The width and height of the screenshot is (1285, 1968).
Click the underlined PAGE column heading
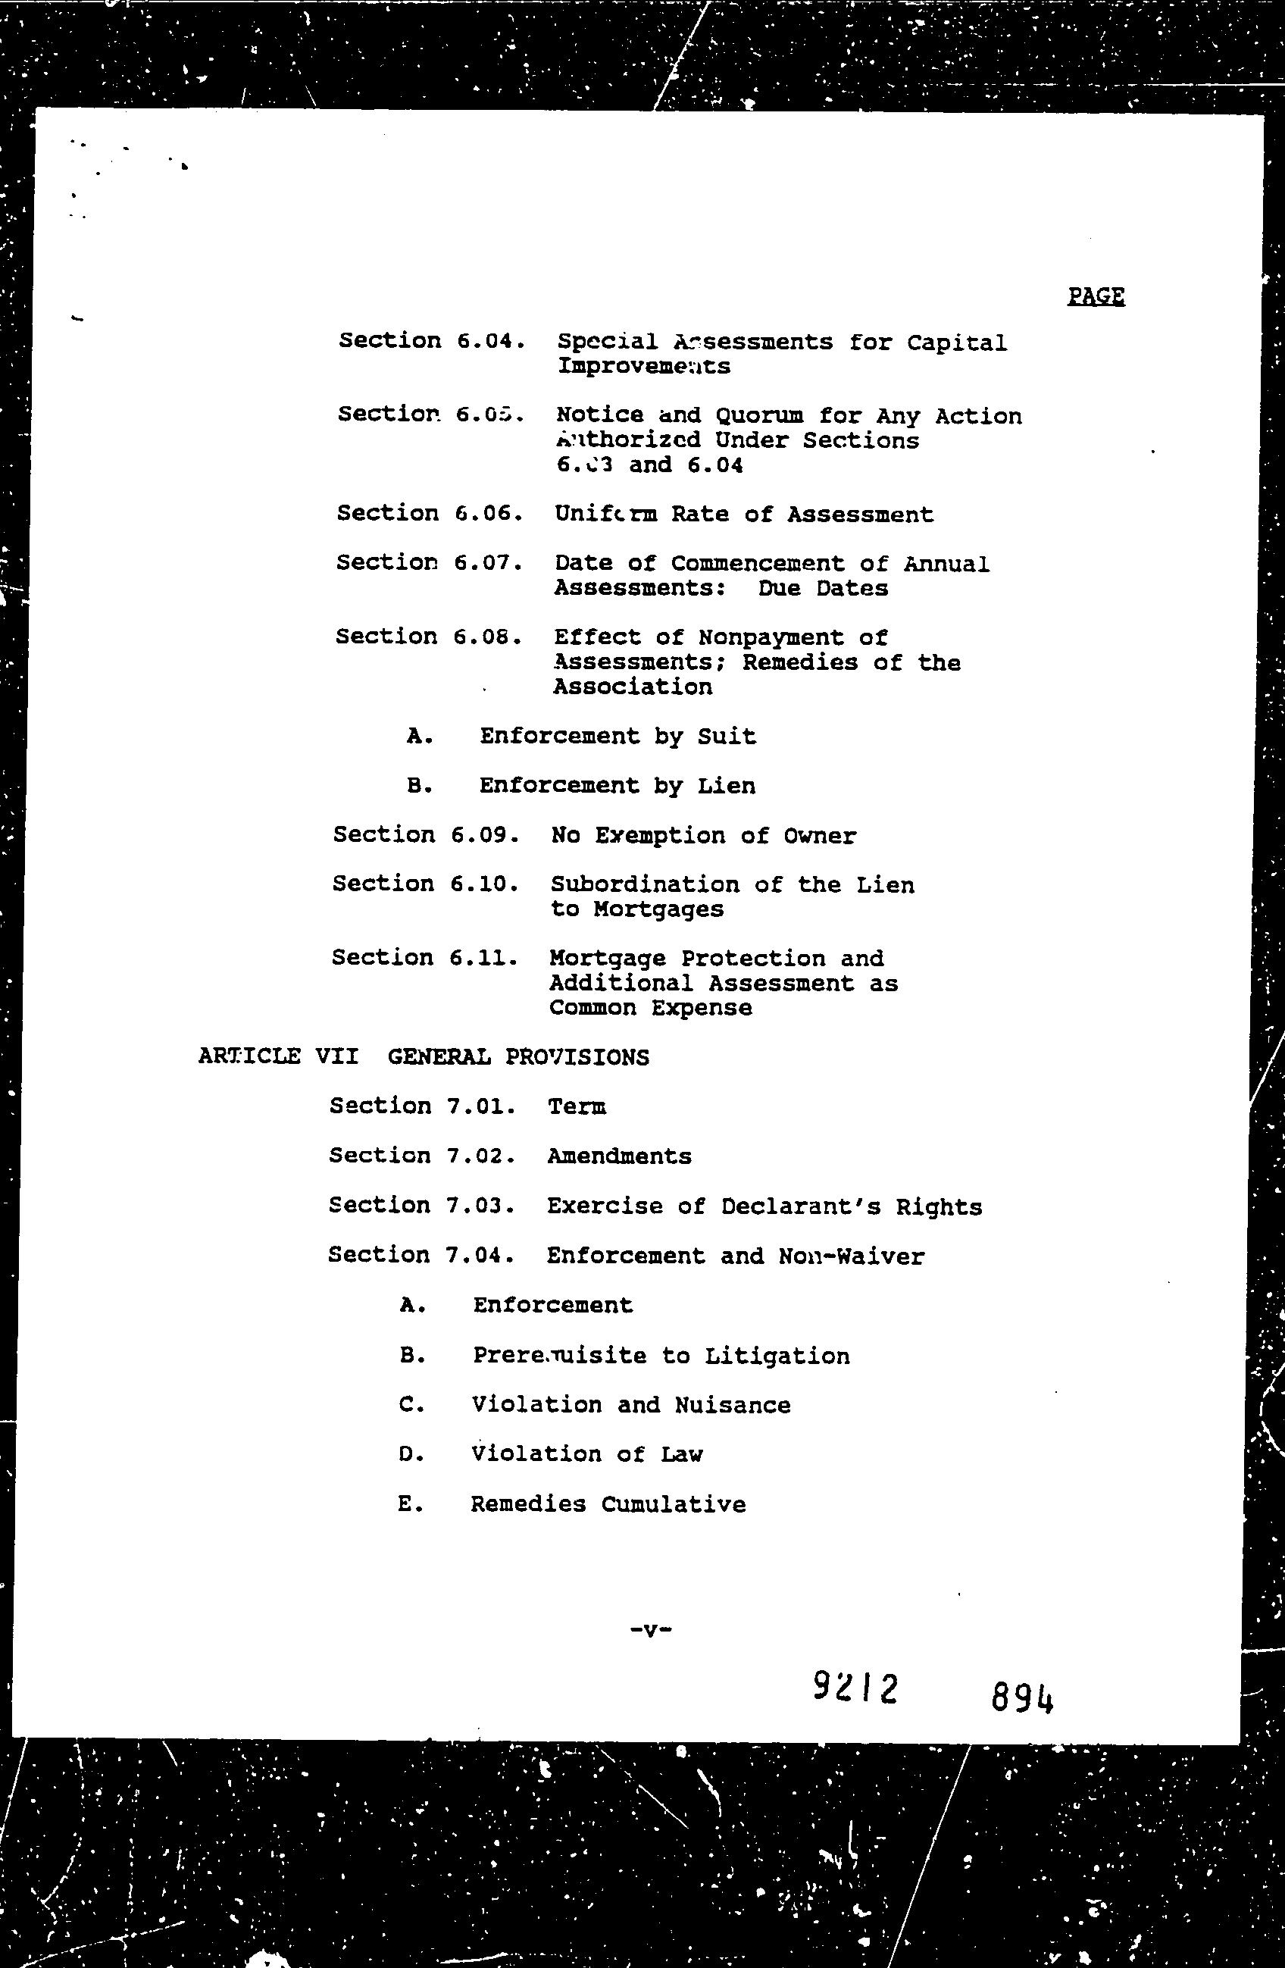[x=1096, y=296]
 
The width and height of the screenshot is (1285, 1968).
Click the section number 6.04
[x=490, y=341]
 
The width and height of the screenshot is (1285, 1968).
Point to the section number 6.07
[x=488, y=563]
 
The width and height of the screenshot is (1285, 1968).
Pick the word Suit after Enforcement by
[x=726, y=736]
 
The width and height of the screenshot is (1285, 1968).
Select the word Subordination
[x=645, y=885]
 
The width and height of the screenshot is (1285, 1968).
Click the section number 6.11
[x=483, y=958]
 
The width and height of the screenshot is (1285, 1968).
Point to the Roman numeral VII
[x=336, y=1057]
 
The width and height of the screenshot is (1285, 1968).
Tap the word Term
[x=577, y=1106]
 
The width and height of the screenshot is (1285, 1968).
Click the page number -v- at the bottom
[x=650, y=1631]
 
